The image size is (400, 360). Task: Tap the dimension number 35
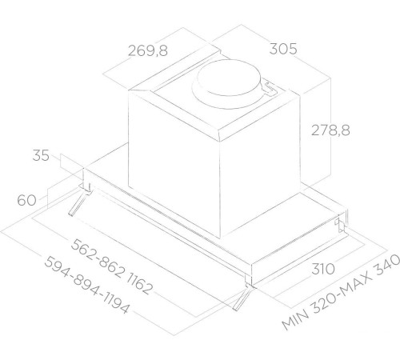pos(42,155)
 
